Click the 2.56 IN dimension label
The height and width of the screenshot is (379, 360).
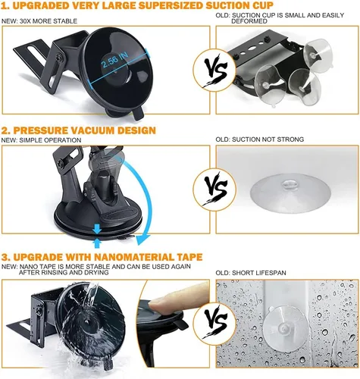click(x=115, y=60)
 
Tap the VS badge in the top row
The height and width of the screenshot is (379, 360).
click(x=215, y=70)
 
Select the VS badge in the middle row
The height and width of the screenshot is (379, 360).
click(x=215, y=189)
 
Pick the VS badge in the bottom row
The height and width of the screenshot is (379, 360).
click(x=215, y=324)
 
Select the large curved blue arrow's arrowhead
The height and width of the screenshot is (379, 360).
click(x=142, y=240)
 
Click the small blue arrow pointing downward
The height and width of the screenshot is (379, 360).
click(x=97, y=229)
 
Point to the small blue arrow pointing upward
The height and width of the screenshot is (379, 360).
click(x=97, y=243)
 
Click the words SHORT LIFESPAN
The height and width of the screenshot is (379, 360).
click(x=259, y=273)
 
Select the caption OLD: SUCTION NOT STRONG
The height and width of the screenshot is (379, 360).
click(x=260, y=139)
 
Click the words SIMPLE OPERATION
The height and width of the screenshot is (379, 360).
click(x=50, y=140)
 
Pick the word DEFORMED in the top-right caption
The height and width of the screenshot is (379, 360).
click(x=249, y=21)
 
